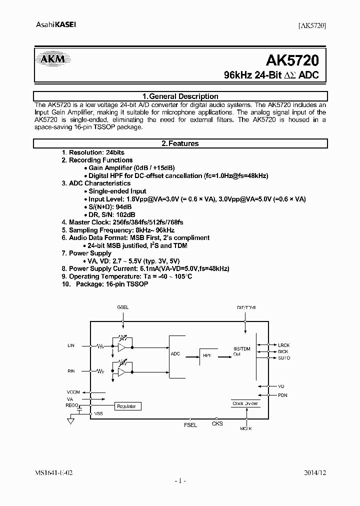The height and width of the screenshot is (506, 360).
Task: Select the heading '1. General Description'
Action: coord(180,96)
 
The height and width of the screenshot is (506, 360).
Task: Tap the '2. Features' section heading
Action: coord(180,143)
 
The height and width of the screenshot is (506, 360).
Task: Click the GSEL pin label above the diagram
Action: coord(122,307)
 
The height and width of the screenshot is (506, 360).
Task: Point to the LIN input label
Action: coord(70,345)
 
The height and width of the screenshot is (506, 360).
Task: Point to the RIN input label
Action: coord(70,370)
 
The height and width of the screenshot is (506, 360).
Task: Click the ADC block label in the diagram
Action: coord(175,353)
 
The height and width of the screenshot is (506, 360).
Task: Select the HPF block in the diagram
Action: coord(207,355)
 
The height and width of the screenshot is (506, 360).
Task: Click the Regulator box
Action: coord(126,406)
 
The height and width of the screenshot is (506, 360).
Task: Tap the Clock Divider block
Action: coord(244,402)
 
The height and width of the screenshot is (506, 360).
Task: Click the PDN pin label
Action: coord(282,395)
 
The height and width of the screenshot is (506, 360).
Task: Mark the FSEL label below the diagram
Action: coord(190,425)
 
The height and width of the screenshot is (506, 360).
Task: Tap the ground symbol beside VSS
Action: coord(71,421)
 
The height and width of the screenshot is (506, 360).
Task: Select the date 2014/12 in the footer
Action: coord(315,471)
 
